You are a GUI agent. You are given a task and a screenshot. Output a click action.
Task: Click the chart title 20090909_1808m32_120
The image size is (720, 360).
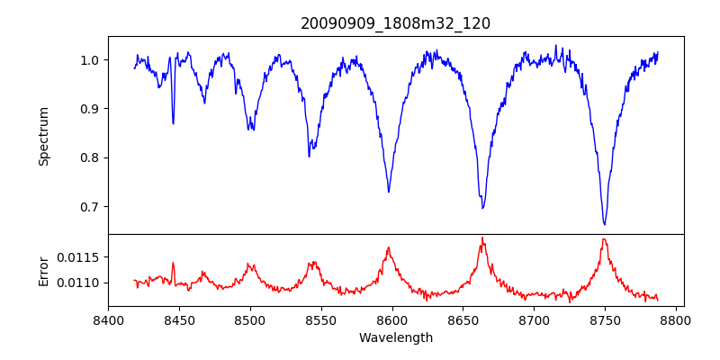pos(395,23)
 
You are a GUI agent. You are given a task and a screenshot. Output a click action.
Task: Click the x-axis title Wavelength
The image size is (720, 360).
pos(395,337)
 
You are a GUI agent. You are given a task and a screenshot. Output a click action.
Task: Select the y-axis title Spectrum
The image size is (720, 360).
pos(43,136)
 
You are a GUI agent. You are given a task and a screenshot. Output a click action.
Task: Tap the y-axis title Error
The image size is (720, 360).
pos(43,270)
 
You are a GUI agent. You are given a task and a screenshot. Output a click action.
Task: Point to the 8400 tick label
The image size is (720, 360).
pos(108,319)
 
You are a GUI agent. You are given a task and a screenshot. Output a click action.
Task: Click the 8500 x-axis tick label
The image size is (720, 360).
pos(249,319)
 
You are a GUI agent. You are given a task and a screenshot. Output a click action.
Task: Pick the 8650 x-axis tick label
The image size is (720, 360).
pos(463,319)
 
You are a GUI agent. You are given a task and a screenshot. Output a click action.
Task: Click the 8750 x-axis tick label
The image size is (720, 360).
pos(605,319)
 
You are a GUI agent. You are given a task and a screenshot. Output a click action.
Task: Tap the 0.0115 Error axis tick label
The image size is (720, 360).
pos(83,257)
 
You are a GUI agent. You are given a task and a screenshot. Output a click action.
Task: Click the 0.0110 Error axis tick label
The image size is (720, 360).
pos(83,283)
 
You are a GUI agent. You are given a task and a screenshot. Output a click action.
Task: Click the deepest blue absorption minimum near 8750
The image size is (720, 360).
pos(605,224)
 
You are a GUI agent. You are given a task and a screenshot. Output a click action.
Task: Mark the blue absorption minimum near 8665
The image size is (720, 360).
pos(482,208)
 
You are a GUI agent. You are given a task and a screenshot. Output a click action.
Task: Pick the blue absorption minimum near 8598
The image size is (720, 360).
pos(389,191)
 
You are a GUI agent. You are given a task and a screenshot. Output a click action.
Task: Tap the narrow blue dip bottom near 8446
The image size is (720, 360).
pos(173,123)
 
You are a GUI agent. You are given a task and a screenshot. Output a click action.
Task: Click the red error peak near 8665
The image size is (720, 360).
pos(482,238)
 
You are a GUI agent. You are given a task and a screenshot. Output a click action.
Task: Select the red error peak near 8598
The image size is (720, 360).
pos(389,247)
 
